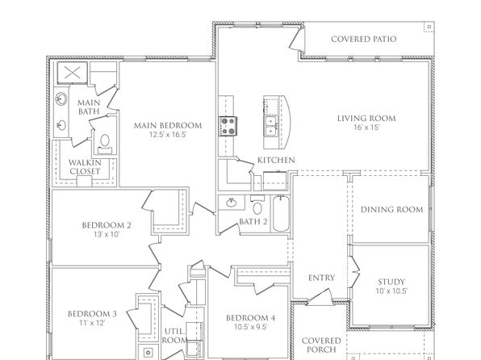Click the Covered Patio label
click(363, 39)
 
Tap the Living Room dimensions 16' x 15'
click(366, 127)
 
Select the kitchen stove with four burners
click(228, 126)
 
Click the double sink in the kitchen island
click(271, 126)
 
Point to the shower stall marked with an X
click(72, 73)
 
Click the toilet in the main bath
click(105, 144)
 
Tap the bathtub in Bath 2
click(281, 213)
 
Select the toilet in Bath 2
click(257, 205)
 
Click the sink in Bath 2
click(231, 203)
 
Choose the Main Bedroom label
click(168, 126)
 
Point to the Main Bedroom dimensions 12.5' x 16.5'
click(168, 135)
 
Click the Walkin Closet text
click(85, 167)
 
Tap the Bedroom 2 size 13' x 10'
click(107, 234)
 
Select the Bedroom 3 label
click(92, 314)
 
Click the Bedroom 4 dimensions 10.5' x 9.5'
click(251, 327)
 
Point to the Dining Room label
click(391, 210)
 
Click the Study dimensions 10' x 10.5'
click(391, 291)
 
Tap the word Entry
click(321, 278)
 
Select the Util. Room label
click(174, 336)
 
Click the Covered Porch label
click(321, 345)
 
